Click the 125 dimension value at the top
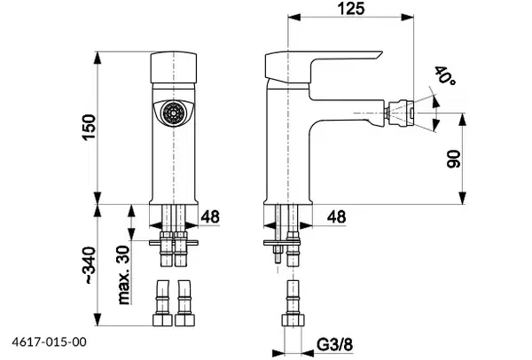tap(351, 8)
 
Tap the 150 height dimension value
tap(89, 127)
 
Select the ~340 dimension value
tap(90, 265)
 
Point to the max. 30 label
tap(124, 275)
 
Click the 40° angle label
tap(445, 75)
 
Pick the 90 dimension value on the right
tap(454, 159)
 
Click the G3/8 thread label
tap(334, 345)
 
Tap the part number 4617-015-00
tap(49, 341)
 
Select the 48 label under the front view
tap(210, 216)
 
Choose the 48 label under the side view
tap(336, 216)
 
